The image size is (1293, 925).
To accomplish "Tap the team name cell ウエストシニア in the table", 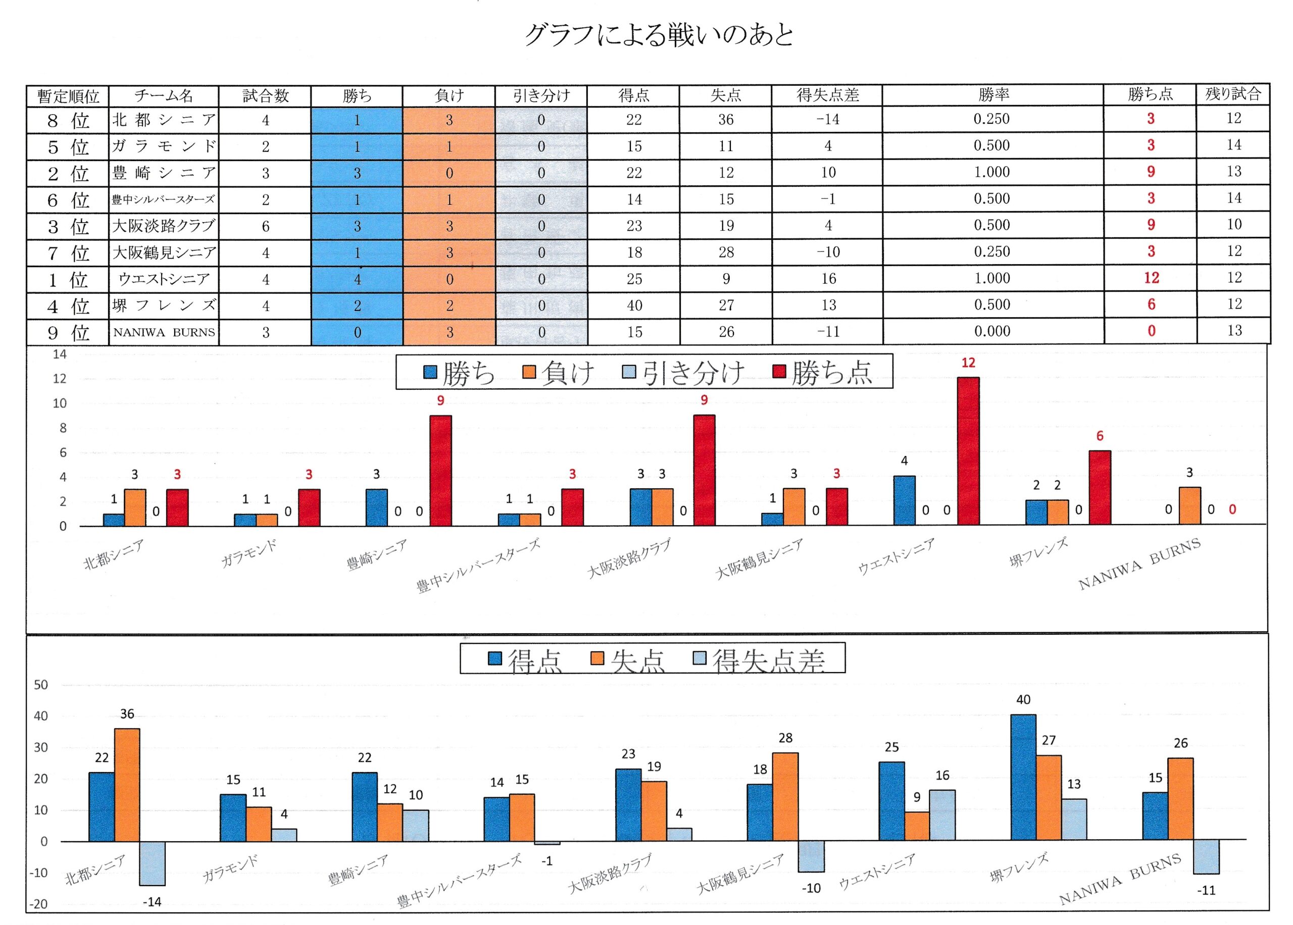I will [x=164, y=279].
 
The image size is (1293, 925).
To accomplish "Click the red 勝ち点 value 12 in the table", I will [x=1151, y=278].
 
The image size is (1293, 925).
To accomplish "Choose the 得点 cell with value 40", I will [x=634, y=305].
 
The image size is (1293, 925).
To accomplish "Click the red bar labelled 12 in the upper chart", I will [x=968, y=450].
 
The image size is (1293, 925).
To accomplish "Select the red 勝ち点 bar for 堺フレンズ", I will [x=1100, y=488].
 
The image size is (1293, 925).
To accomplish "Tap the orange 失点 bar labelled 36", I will [x=127, y=784].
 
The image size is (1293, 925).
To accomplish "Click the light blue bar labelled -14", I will [x=153, y=862].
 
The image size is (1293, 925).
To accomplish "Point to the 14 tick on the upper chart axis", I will [x=60, y=354].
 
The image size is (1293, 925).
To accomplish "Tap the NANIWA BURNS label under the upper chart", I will [x=1139, y=563].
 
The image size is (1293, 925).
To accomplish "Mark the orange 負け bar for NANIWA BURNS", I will [x=1190, y=506].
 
